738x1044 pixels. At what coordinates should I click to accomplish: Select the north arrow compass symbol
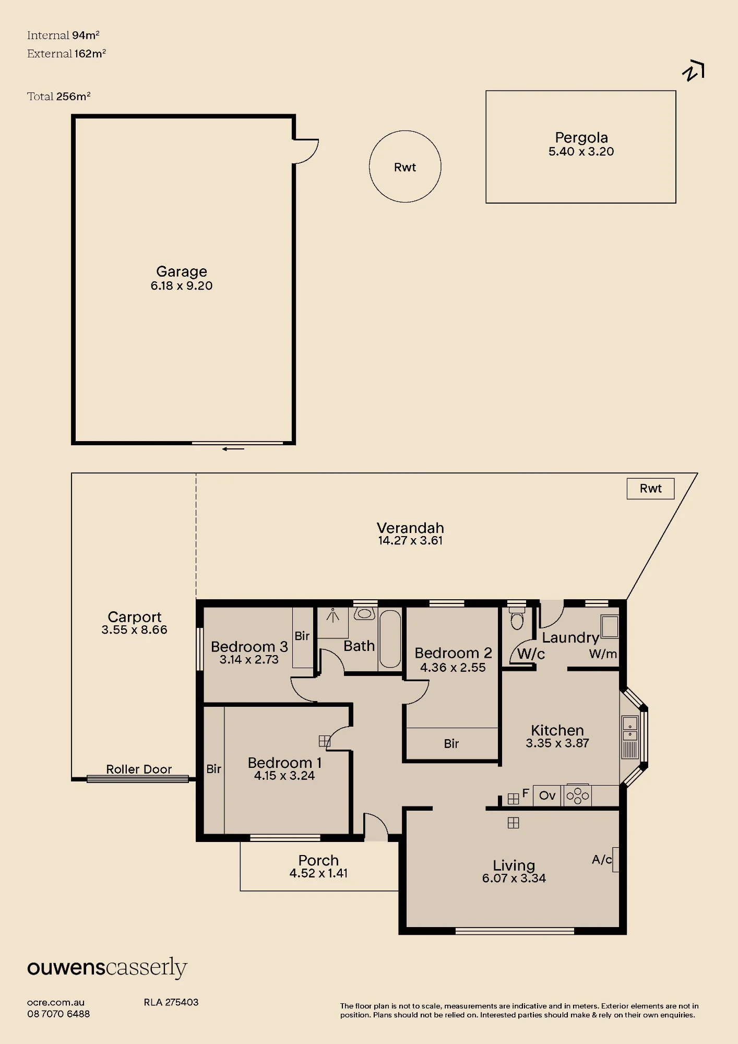pyautogui.click(x=693, y=72)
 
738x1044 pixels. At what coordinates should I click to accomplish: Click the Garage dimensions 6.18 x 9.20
pyautogui.click(x=182, y=286)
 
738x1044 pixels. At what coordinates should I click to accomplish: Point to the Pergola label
pyautogui.click(x=581, y=137)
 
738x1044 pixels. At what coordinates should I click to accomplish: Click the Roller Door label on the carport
pyautogui.click(x=139, y=769)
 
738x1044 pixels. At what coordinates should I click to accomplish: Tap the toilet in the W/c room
pyautogui.click(x=517, y=618)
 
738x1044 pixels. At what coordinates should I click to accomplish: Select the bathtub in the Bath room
pyautogui.click(x=390, y=639)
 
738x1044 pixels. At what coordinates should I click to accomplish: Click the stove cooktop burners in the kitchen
pyautogui.click(x=577, y=796)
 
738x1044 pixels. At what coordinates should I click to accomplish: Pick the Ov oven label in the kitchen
pyautogui.click(x=547, y=796)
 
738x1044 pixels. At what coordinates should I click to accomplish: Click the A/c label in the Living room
pyautogui.click(x=602, y=859)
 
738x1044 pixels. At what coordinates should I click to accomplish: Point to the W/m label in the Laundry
pyautogui.click(x=603, y=654)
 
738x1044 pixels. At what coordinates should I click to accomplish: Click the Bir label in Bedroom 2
pyautogui.click(x=451, y=743)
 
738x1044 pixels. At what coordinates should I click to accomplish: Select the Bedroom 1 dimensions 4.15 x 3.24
pyautogui.click(x=284, y=776)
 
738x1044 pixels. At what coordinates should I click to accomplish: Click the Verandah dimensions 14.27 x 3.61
pyautogui.click(x=410, y=541)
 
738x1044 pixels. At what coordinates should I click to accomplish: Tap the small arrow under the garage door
pyautogui.click(x=233, y=448)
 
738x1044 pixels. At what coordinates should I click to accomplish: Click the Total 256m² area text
pyautogui.click(x=59, y=96)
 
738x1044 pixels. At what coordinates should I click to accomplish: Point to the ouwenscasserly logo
pyautogui.click(x=107, y=968)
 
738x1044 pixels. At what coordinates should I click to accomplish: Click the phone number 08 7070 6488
pyautogui.click(x=58, y=1014)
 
